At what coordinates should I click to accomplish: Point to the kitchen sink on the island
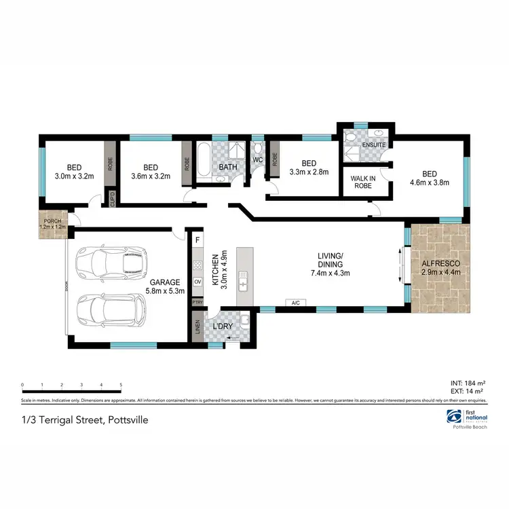point(242,280)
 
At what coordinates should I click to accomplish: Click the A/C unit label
point(296,303)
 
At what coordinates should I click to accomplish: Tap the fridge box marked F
point(197,240)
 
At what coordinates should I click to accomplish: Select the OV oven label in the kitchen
point(197,281)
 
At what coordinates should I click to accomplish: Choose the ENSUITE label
point(373,145)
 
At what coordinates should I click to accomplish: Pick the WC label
point(258,159)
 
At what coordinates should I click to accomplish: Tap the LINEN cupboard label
point(197,326)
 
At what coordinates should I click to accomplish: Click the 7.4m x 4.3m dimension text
point(330,273)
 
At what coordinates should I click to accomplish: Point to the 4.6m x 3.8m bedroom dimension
point(430,182)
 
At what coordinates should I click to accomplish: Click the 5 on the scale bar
point(121,384)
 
